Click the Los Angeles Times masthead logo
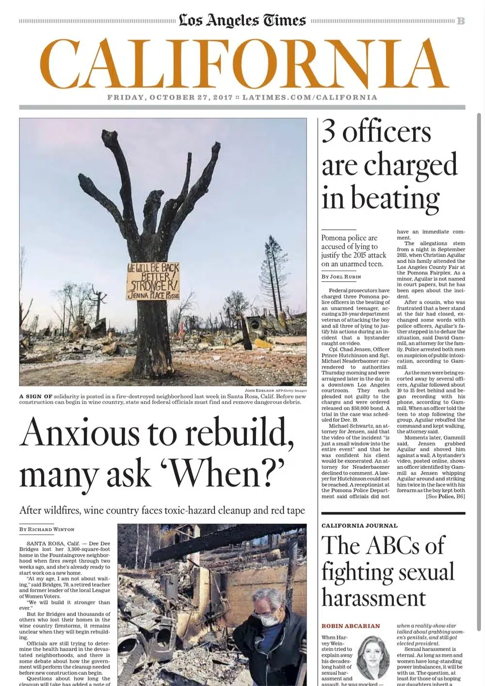242,20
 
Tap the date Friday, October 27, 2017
170,97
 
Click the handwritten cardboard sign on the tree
153,281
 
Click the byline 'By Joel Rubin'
341,276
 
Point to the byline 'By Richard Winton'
47,529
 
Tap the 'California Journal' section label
359,526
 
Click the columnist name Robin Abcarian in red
351,626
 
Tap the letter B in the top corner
461,21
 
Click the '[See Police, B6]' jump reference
445,496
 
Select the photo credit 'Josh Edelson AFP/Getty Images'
275,390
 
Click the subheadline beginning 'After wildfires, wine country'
162,510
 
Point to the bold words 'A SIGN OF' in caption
35,396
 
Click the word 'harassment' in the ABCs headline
373,598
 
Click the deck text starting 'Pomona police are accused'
354,251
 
